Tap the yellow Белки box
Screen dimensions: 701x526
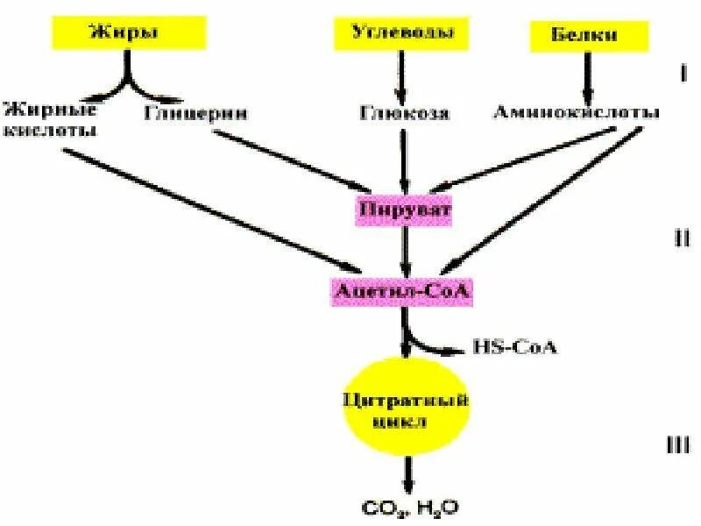[585, 36]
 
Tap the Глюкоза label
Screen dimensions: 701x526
[404, 113]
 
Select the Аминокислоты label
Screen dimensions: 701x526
[576, 113]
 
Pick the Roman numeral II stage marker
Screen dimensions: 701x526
[682, 238]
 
